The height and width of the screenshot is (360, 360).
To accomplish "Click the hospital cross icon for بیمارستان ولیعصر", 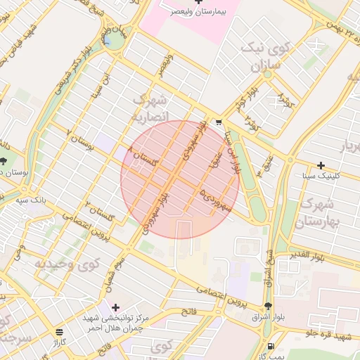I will (198, 3).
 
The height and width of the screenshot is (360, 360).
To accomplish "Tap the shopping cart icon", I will (219, 121).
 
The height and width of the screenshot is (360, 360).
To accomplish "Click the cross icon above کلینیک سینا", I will (321, 166).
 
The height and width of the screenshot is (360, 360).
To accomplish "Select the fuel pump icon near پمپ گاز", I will (271, 346).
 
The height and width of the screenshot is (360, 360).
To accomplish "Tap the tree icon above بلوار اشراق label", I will (268, 306).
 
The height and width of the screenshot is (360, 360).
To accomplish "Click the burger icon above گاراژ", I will (58, 332).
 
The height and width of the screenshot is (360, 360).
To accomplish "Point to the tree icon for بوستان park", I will (4, 161).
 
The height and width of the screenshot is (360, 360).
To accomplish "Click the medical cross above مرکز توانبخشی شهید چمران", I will (115, 307).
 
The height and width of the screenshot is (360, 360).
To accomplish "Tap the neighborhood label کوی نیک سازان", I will (264, 57).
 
